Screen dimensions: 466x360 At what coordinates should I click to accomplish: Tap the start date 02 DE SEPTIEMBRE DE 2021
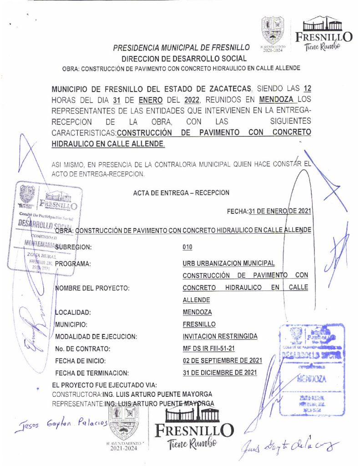pyautogui.click(x=222, y=360)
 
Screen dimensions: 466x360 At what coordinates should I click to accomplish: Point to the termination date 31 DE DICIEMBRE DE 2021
pyautogui.click(x=219, y=372)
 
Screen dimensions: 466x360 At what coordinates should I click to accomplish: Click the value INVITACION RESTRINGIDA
pyautogui.click(x=220, y=336)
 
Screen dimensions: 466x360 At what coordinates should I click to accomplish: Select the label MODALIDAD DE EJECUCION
pyautogui.click(x=96, y=337)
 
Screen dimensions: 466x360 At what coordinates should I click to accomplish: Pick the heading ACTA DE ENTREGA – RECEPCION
pyautogui.click(x=181, y=193)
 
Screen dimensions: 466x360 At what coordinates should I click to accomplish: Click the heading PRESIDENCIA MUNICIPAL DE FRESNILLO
pyautogui.click(x=181, y=47)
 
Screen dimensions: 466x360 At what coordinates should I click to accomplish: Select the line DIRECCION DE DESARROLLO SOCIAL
pyautogui.click(x=184, y=58)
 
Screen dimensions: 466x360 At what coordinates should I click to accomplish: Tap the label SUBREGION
pyautogui.click(x=73, y=247)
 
